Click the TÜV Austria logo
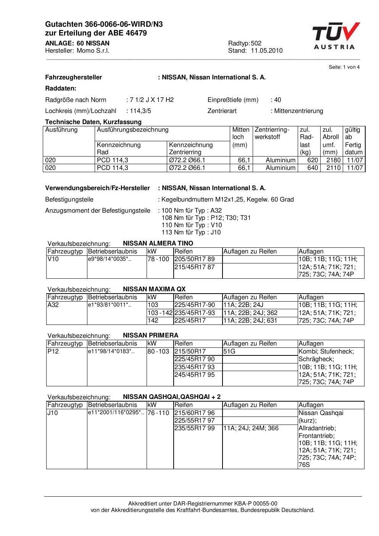pos(335,36)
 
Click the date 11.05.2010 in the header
pos(266,51)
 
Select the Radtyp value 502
pos(256,44)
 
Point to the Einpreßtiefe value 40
pos(277,100)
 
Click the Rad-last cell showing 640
pos(313,168)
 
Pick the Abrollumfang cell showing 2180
pos(333,160)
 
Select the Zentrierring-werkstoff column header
pos(272,133)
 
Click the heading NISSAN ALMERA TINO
pos(158,244)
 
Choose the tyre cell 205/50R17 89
pos(195,259)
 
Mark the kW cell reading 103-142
pos(160,313)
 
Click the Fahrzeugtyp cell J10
pos(53,413)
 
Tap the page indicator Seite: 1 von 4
pos(344,67)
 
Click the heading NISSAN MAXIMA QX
pos(154,289)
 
